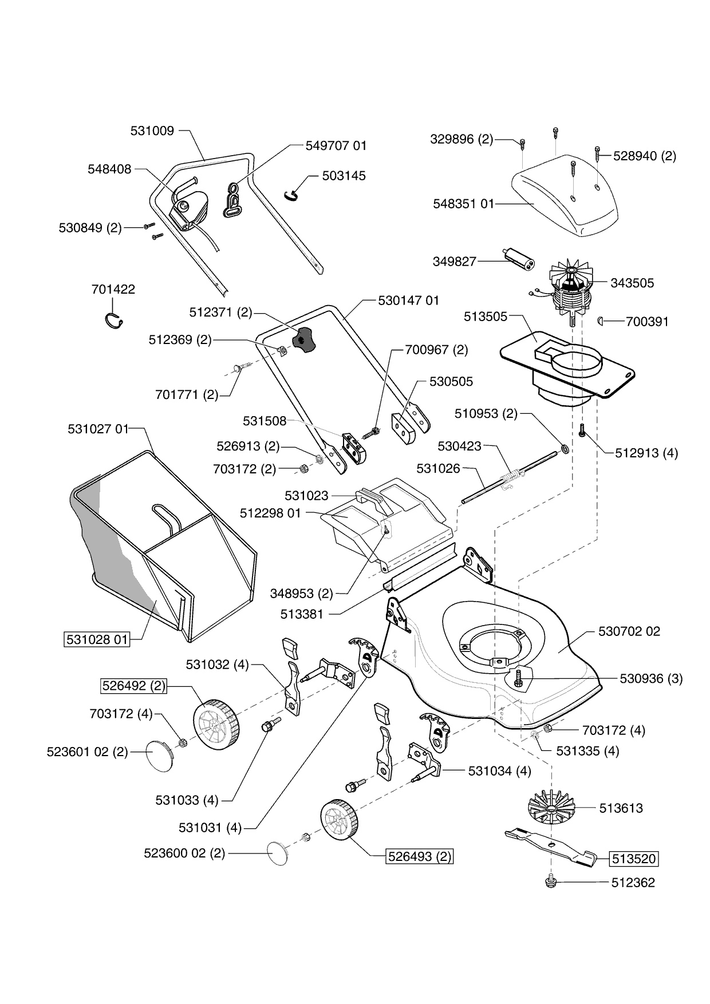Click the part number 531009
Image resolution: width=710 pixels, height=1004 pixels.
[152, 131]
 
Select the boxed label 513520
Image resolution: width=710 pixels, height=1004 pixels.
[633, 859]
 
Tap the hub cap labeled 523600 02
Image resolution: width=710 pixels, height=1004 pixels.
[281, 853]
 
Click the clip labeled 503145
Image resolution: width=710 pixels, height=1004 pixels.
[291, 195]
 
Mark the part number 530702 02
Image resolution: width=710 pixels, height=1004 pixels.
[629, 631]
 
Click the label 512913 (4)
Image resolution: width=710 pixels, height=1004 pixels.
[646, 453]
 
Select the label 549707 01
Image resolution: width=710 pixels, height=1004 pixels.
[336, 145]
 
